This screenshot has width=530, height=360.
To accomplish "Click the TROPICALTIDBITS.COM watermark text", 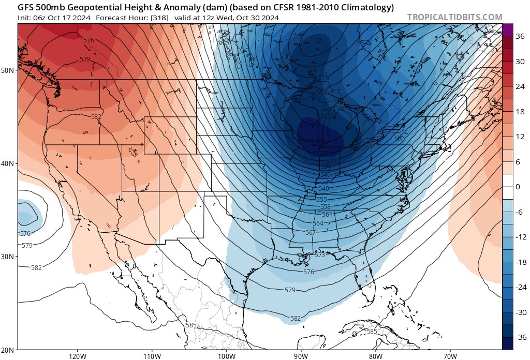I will coord(454,17).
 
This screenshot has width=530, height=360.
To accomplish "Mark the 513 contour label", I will coord(310,67).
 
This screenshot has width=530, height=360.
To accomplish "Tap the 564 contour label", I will coord(318,223).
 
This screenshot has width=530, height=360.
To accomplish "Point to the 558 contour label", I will coord(326,206).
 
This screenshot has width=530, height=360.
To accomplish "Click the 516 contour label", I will coord(323,78).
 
